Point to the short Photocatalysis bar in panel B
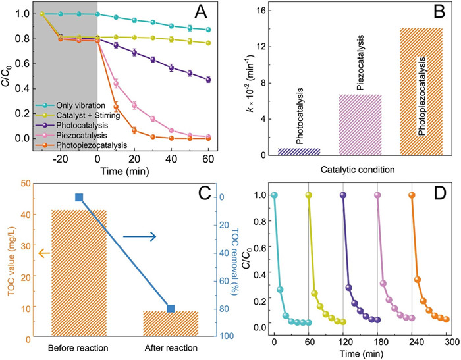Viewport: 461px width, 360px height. tap(299, 151)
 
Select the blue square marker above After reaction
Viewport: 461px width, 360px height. tap(171, 309)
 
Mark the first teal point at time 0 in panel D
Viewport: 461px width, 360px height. tap(274, 195)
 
